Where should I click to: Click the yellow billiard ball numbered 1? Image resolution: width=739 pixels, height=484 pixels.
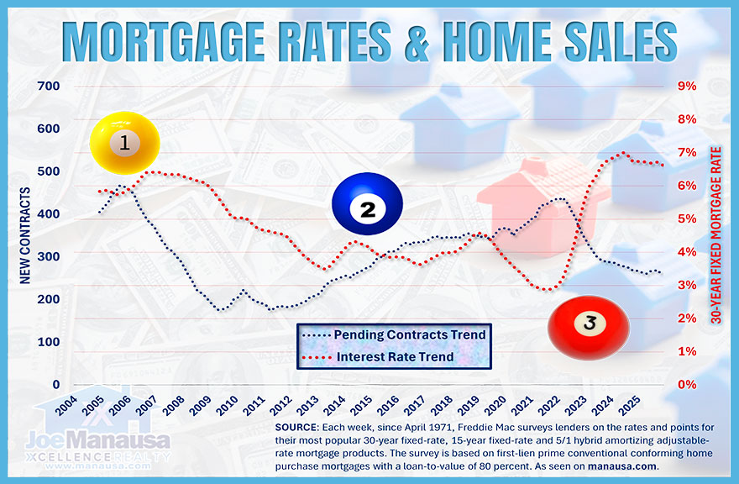tap(124, 143)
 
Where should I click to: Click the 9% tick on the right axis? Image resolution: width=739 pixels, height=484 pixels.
tap(686, 86)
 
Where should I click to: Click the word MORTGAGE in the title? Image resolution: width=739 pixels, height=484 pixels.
tap(180, 39)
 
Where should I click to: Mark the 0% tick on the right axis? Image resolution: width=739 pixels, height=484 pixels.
tap(686, 385)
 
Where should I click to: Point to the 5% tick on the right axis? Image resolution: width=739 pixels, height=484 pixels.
tap(686, 218)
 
